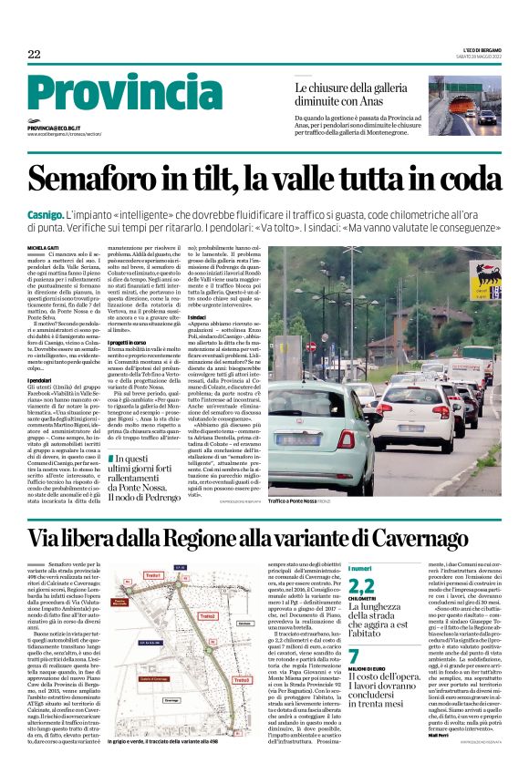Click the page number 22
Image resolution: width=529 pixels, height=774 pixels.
click(34, 55)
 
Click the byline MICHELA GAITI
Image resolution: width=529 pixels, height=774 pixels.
click(42, 247)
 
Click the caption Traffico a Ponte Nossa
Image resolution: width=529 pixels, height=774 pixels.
click(297, 501)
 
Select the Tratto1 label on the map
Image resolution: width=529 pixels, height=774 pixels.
click(152, 575)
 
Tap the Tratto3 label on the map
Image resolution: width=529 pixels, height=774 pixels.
click(241, 679)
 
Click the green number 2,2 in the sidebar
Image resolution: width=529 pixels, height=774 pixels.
click(362, 587)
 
